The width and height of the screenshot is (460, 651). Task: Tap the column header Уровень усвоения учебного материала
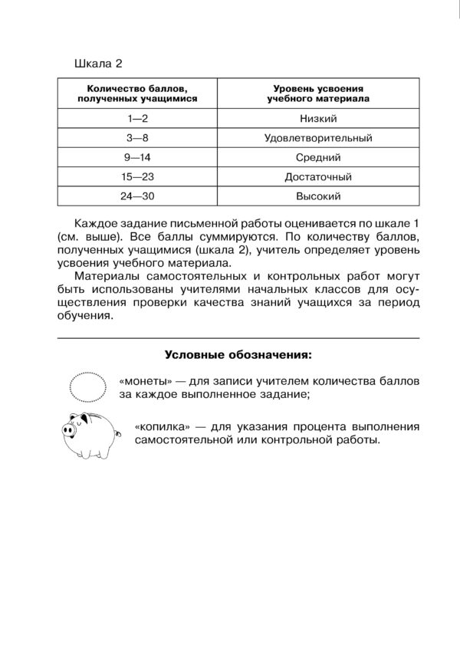pos(317,94)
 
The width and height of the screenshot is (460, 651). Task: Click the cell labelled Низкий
pos(317,118)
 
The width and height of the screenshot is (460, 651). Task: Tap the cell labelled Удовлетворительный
pos(317,138)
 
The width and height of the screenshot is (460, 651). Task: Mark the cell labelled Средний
pos(317,157)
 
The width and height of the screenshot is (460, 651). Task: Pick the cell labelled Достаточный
pos(317,176)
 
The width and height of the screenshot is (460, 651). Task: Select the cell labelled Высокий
pos(317,196)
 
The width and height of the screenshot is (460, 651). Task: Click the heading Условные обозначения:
pos(238,355)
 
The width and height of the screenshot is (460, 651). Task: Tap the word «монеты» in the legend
pos(143,381)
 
